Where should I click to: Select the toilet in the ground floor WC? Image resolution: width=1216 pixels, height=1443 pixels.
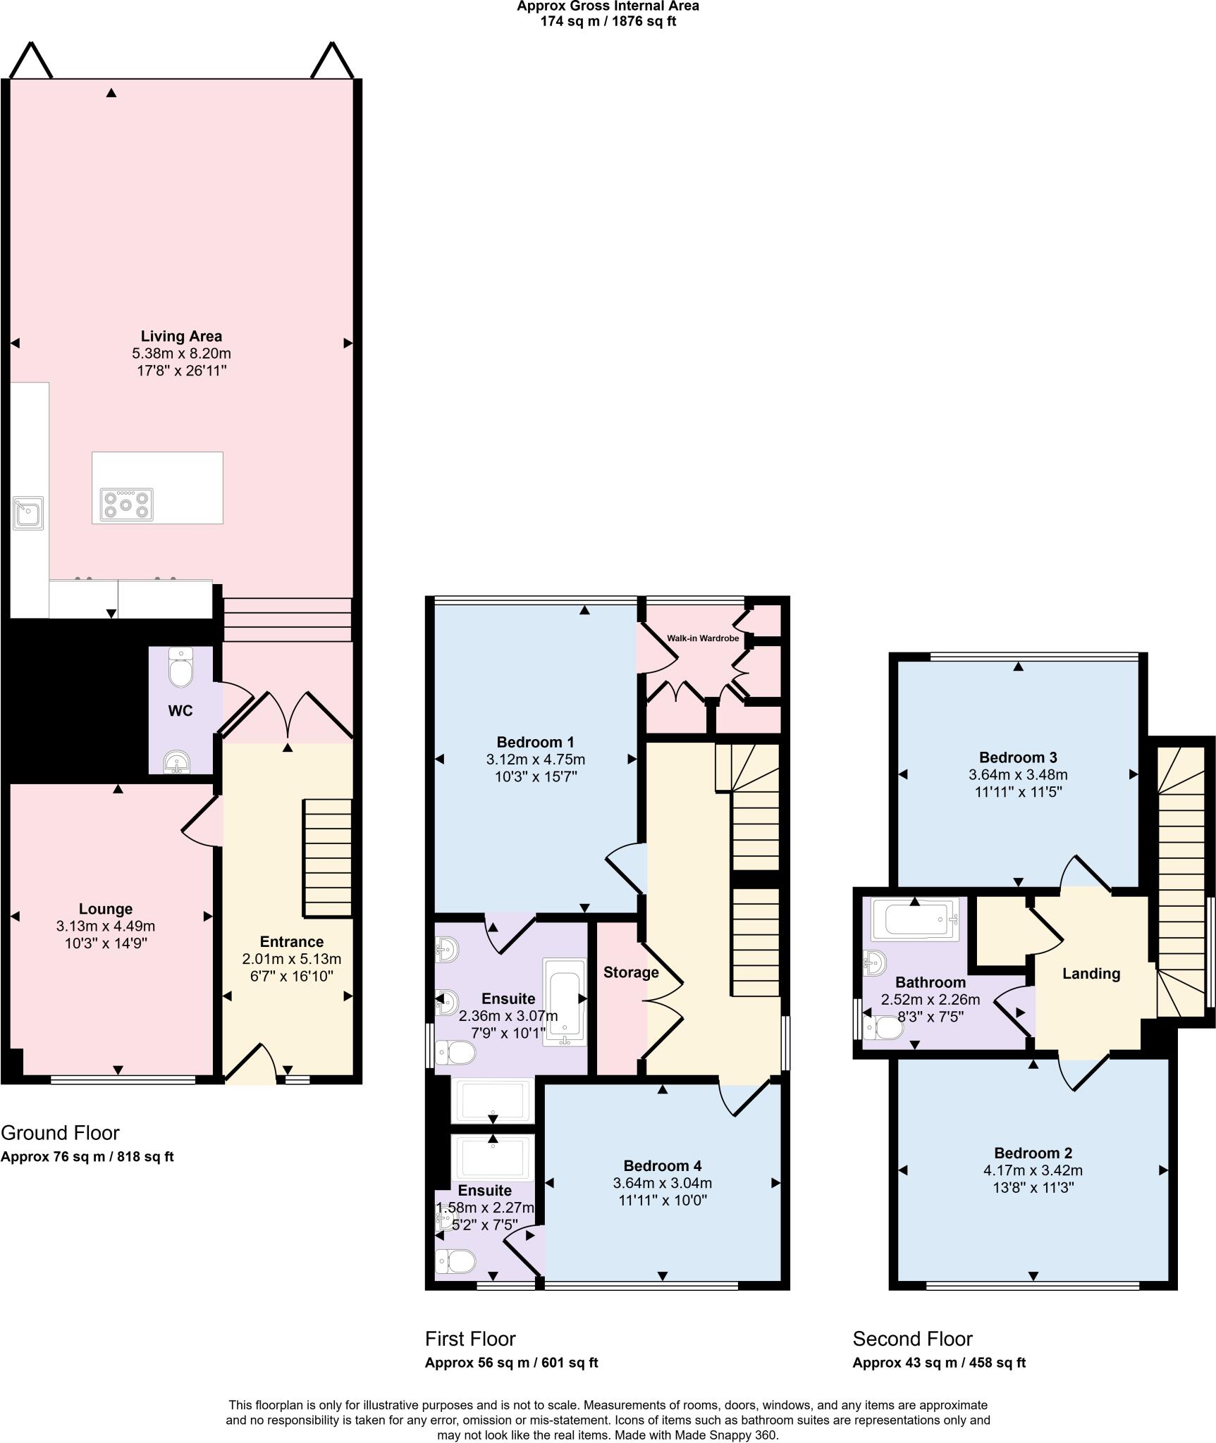coord(181,668)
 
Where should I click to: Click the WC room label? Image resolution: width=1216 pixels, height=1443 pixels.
coord(180,711)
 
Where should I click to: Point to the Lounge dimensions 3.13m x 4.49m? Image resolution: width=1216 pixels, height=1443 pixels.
coord(106,926)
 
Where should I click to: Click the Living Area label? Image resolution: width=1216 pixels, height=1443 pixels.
coord(181,336)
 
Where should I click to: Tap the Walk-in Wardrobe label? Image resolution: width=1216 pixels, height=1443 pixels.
coord(703,638)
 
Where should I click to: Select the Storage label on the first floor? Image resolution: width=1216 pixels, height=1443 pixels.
coord(631,972)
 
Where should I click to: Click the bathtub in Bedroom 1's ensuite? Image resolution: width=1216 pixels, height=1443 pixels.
coord(565,1002)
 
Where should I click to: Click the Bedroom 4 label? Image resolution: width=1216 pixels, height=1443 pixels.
coord(662,1166)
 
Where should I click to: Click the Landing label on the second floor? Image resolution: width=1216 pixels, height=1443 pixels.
coord(1091,974)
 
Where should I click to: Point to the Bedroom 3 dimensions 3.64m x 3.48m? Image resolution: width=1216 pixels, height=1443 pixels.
coord(1018,774)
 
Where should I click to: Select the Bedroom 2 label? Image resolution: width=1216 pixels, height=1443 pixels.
coord(1033,1153)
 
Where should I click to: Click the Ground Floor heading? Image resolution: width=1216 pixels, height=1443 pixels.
coord(60,1133)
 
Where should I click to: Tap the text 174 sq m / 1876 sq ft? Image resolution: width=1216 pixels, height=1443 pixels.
coord(608,21)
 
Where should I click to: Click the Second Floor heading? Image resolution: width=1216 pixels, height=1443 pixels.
coord(912,1339)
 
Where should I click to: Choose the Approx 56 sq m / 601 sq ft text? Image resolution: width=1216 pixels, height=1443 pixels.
coord(511,1363)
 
